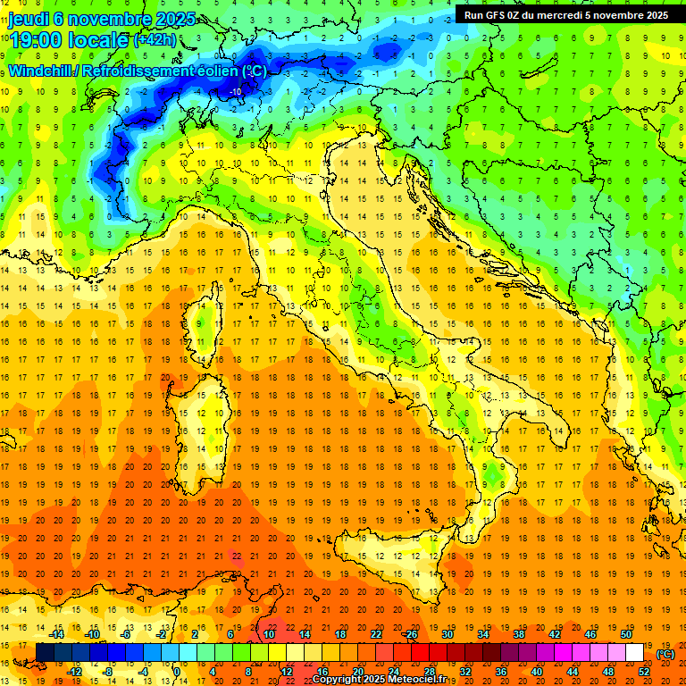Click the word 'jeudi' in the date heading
click(29, 19)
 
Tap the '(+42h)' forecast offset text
click(155, 40)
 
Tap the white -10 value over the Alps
click(236, 91)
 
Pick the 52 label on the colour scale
click(644, 671)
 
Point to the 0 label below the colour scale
click(177, 671)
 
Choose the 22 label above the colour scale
click(376, 634)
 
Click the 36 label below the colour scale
click(501, 671)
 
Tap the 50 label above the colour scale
click(625, 634)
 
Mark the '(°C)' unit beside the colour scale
click(665, 653)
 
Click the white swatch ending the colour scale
click(634, 653)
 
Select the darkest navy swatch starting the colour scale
click(45, 653)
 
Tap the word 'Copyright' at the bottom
click(338, 680)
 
